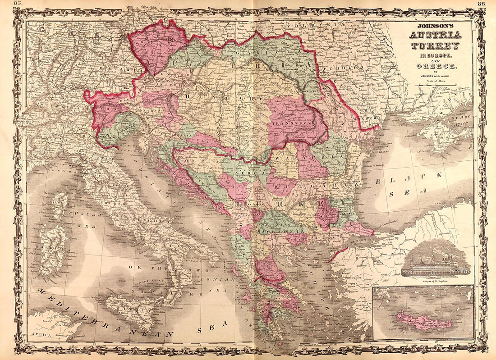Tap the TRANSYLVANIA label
coord(297,122)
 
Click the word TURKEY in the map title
coord(435,46)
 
